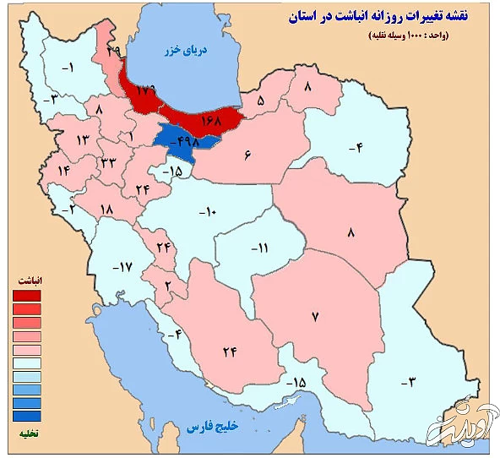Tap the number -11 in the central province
pyautogui.click(x=258, y=248)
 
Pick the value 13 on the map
pyautogui.click(x=83, y=139)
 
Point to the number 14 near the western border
pyautogui.click(x=62, y=170)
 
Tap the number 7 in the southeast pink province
pyautogui.click(x=314, y=317)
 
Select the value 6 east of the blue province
pyautogui.click(x=248, y=155)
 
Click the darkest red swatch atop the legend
pyautogui.click(x=26, y=296)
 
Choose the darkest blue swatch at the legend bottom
pyautogui.click(x=26, y=416)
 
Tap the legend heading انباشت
pyautogui.click(x=30, y=280)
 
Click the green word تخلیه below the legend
pyautogui.click(x=28, y=433)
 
